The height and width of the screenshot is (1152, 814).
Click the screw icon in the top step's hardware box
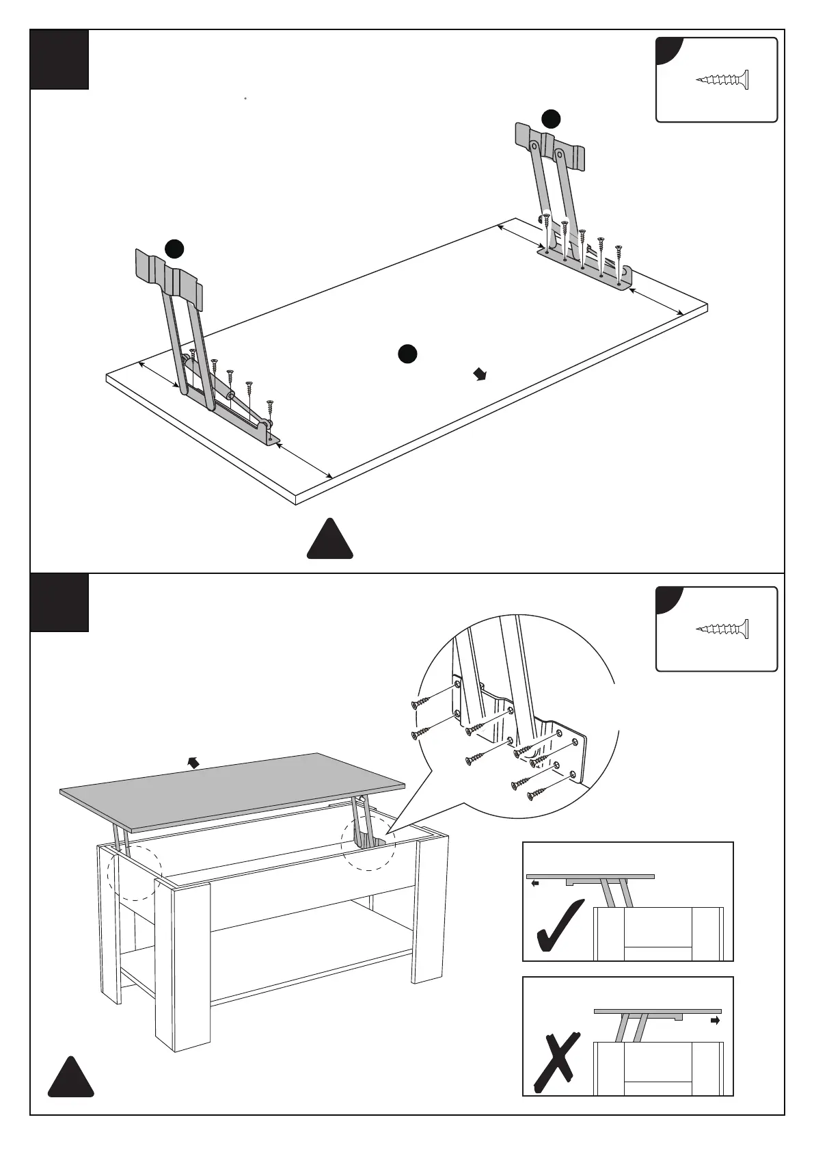coord(723,80)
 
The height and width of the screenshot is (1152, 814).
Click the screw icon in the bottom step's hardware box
coord(723,629)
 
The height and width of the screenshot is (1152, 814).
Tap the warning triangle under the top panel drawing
coord(330,540)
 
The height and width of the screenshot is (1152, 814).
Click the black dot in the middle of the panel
coord(407,353)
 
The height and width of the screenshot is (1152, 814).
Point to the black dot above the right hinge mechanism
coord(551,119)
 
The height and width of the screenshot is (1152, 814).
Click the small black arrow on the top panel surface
coord(481,374)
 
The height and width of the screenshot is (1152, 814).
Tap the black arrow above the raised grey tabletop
coord(194,763)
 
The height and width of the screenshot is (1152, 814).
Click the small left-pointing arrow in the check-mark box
coord(535,883)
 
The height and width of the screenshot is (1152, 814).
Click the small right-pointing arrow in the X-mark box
coord(716,1019)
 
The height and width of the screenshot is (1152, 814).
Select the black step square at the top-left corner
coord(59,60)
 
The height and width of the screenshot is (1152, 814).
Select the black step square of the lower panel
coord(59,602)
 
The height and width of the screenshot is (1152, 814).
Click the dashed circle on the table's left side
coord(135,872)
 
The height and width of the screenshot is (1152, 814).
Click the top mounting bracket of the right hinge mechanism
coord(551,146)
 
